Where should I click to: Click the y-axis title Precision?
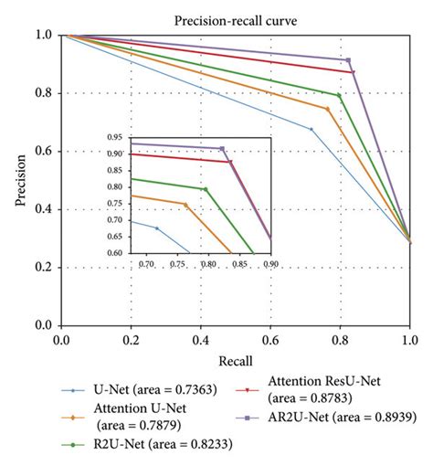click(x=20, y=179)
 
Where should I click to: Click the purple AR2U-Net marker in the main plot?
click(x=348, y=60)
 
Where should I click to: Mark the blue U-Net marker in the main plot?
click(x=312, y=129)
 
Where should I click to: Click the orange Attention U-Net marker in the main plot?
click(x=328, y=109)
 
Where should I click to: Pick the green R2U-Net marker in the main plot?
click(x=339, y=95)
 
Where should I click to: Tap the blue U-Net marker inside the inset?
click(x=156, y=228)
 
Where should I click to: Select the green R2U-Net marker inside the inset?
click(x=206, y=189)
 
